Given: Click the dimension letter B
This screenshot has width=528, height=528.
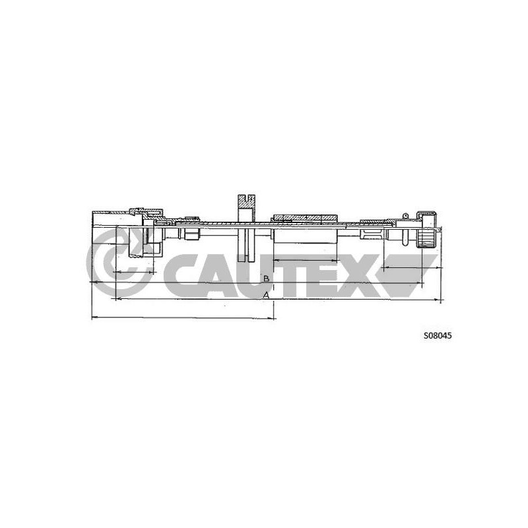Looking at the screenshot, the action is coord(266,279).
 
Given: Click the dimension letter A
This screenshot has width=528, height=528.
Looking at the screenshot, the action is coord(266,295).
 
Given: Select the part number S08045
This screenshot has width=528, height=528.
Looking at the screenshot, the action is coord(438,336).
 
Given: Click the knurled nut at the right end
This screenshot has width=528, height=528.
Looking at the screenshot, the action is coord(426,230).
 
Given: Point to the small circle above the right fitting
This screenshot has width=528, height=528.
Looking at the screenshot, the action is coord(405,216).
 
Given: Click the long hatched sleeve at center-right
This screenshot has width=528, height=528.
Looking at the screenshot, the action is coord(306,218).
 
